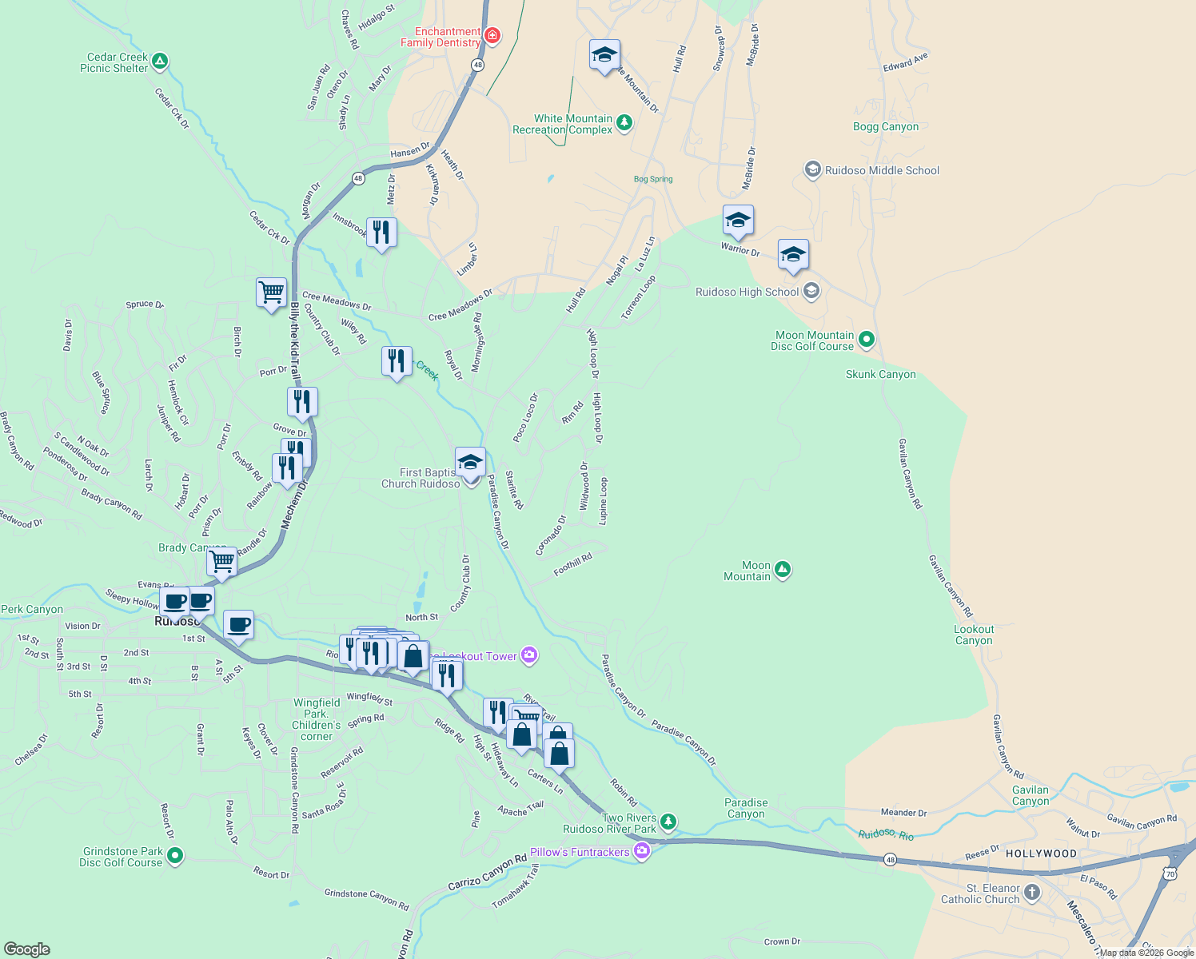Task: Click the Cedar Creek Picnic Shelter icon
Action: [x=160, y=61]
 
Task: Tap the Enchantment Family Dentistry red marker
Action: [x=492, y=35]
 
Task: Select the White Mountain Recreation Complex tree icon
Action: [x=624, y=122]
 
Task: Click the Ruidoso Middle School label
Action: [x=882, y=170]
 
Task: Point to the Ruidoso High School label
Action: [x=747, y=292]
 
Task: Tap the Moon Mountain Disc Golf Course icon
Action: [x=866, y=340]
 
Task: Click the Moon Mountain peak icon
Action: [x=783, y=569]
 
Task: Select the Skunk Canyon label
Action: [x=880, y=374]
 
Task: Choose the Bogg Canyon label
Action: [x=885, y=126]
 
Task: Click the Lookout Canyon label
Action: [x=973, y=635]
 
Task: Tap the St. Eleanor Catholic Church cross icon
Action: [x=1032, y=892]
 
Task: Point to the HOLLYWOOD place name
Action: [x=1041, y=854]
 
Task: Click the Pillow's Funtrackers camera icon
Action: [x=641, y=852]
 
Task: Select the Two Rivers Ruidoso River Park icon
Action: [x=668, y=822]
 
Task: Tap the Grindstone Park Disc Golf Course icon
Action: [x=174, y=856]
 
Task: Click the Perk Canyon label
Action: [x=32, y=609]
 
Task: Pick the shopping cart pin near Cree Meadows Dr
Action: [x=271, y=292]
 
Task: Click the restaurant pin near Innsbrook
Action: [x=381, y=233]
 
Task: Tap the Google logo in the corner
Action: [x=26, y=949]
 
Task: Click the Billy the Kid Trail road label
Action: [x=295, y=341]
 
